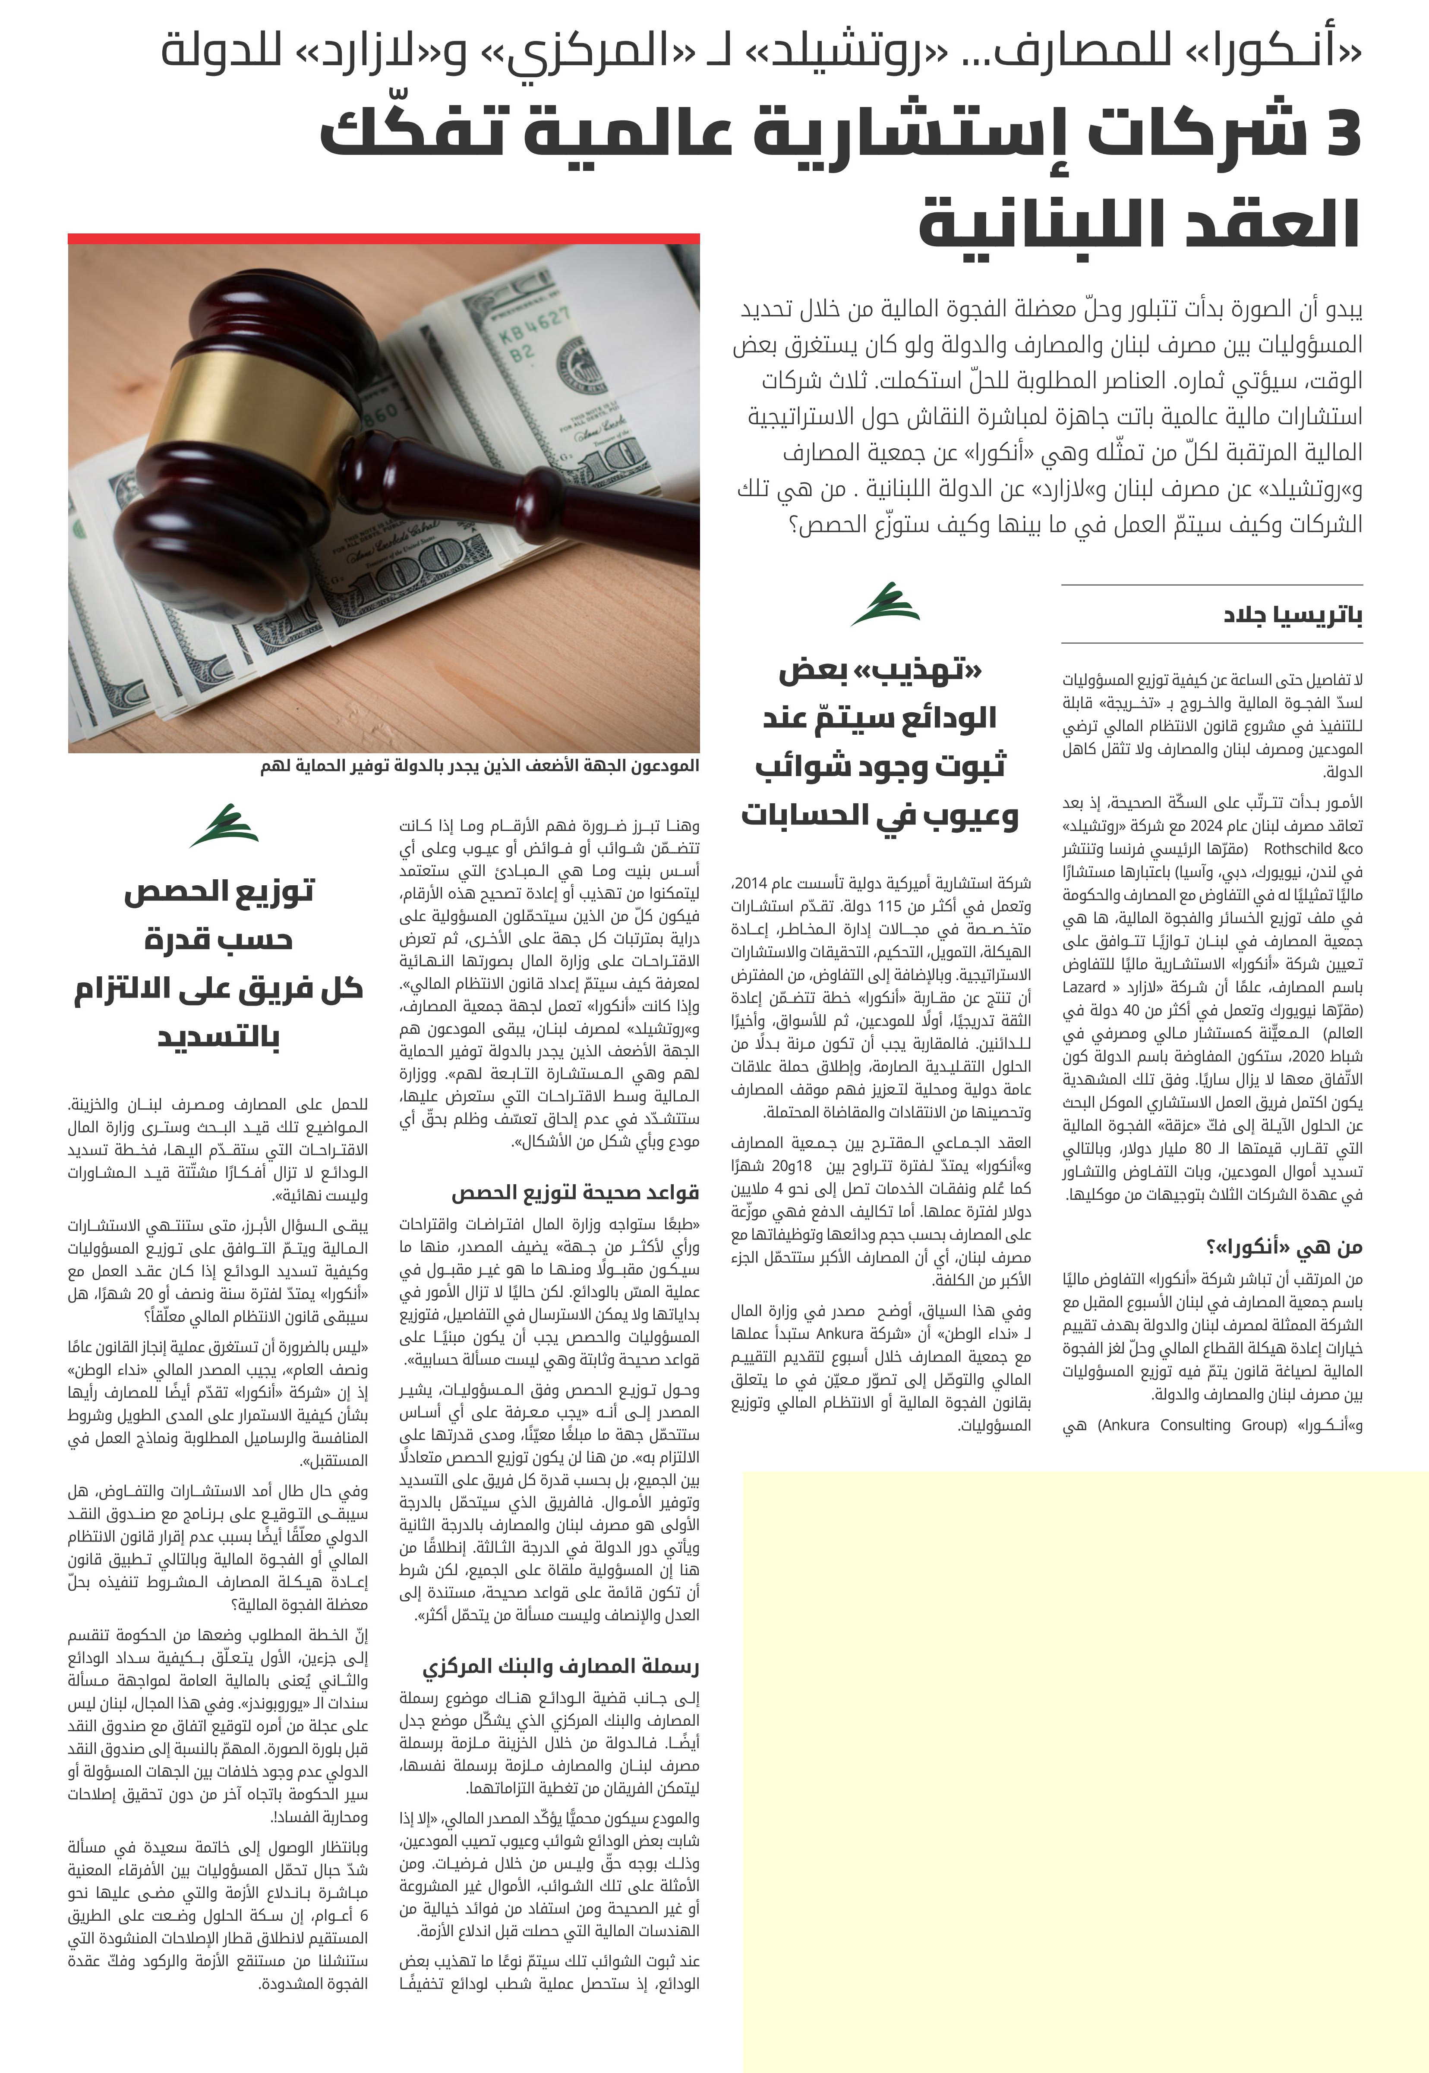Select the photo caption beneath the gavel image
[x=479, y=766]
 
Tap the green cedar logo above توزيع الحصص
[x=224, y=825]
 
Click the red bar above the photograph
[x=383, y=239]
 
